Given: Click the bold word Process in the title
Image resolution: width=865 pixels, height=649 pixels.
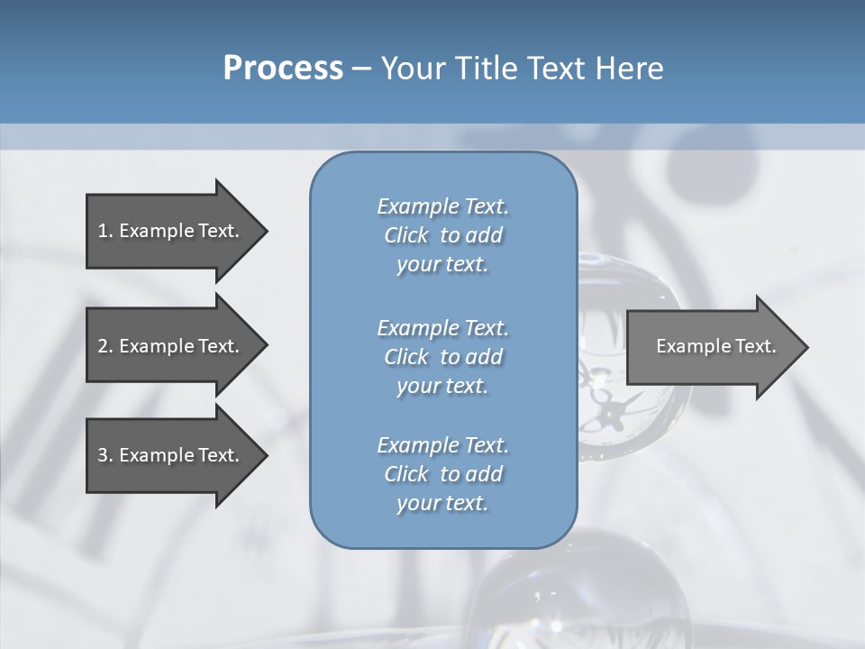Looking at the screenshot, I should [283, 69].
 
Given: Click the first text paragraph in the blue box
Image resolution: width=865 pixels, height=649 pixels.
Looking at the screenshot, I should [442, 235].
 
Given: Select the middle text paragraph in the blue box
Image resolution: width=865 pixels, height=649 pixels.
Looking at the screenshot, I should [442, 357].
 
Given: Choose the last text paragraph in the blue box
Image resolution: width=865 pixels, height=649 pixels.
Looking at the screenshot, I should [442, 474].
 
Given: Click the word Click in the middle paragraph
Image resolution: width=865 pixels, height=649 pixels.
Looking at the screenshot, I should [406, 357].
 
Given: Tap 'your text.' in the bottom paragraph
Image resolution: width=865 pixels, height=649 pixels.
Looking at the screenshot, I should [442, 503].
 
